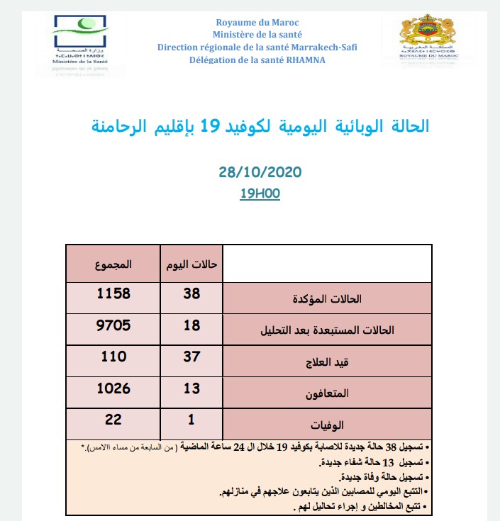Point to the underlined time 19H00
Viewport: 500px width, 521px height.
[x=260, y=194]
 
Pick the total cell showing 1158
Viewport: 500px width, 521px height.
[x=113, y=292]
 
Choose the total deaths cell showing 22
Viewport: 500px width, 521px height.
[x=113, y=420]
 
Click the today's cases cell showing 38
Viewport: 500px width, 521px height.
[x=191, y=292]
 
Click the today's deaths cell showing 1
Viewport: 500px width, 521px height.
[x=191, y=420]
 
